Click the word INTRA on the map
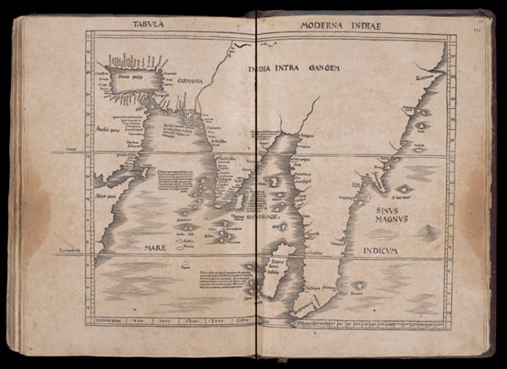[287, 67]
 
